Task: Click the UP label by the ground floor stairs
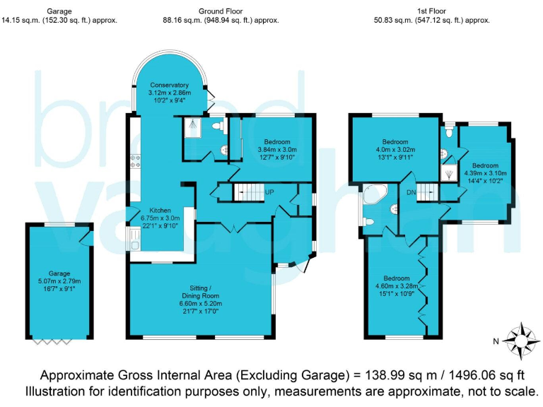pyautogui.click(x=269, y=191)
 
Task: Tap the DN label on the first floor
pyautogui.click(x=411, y=191)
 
